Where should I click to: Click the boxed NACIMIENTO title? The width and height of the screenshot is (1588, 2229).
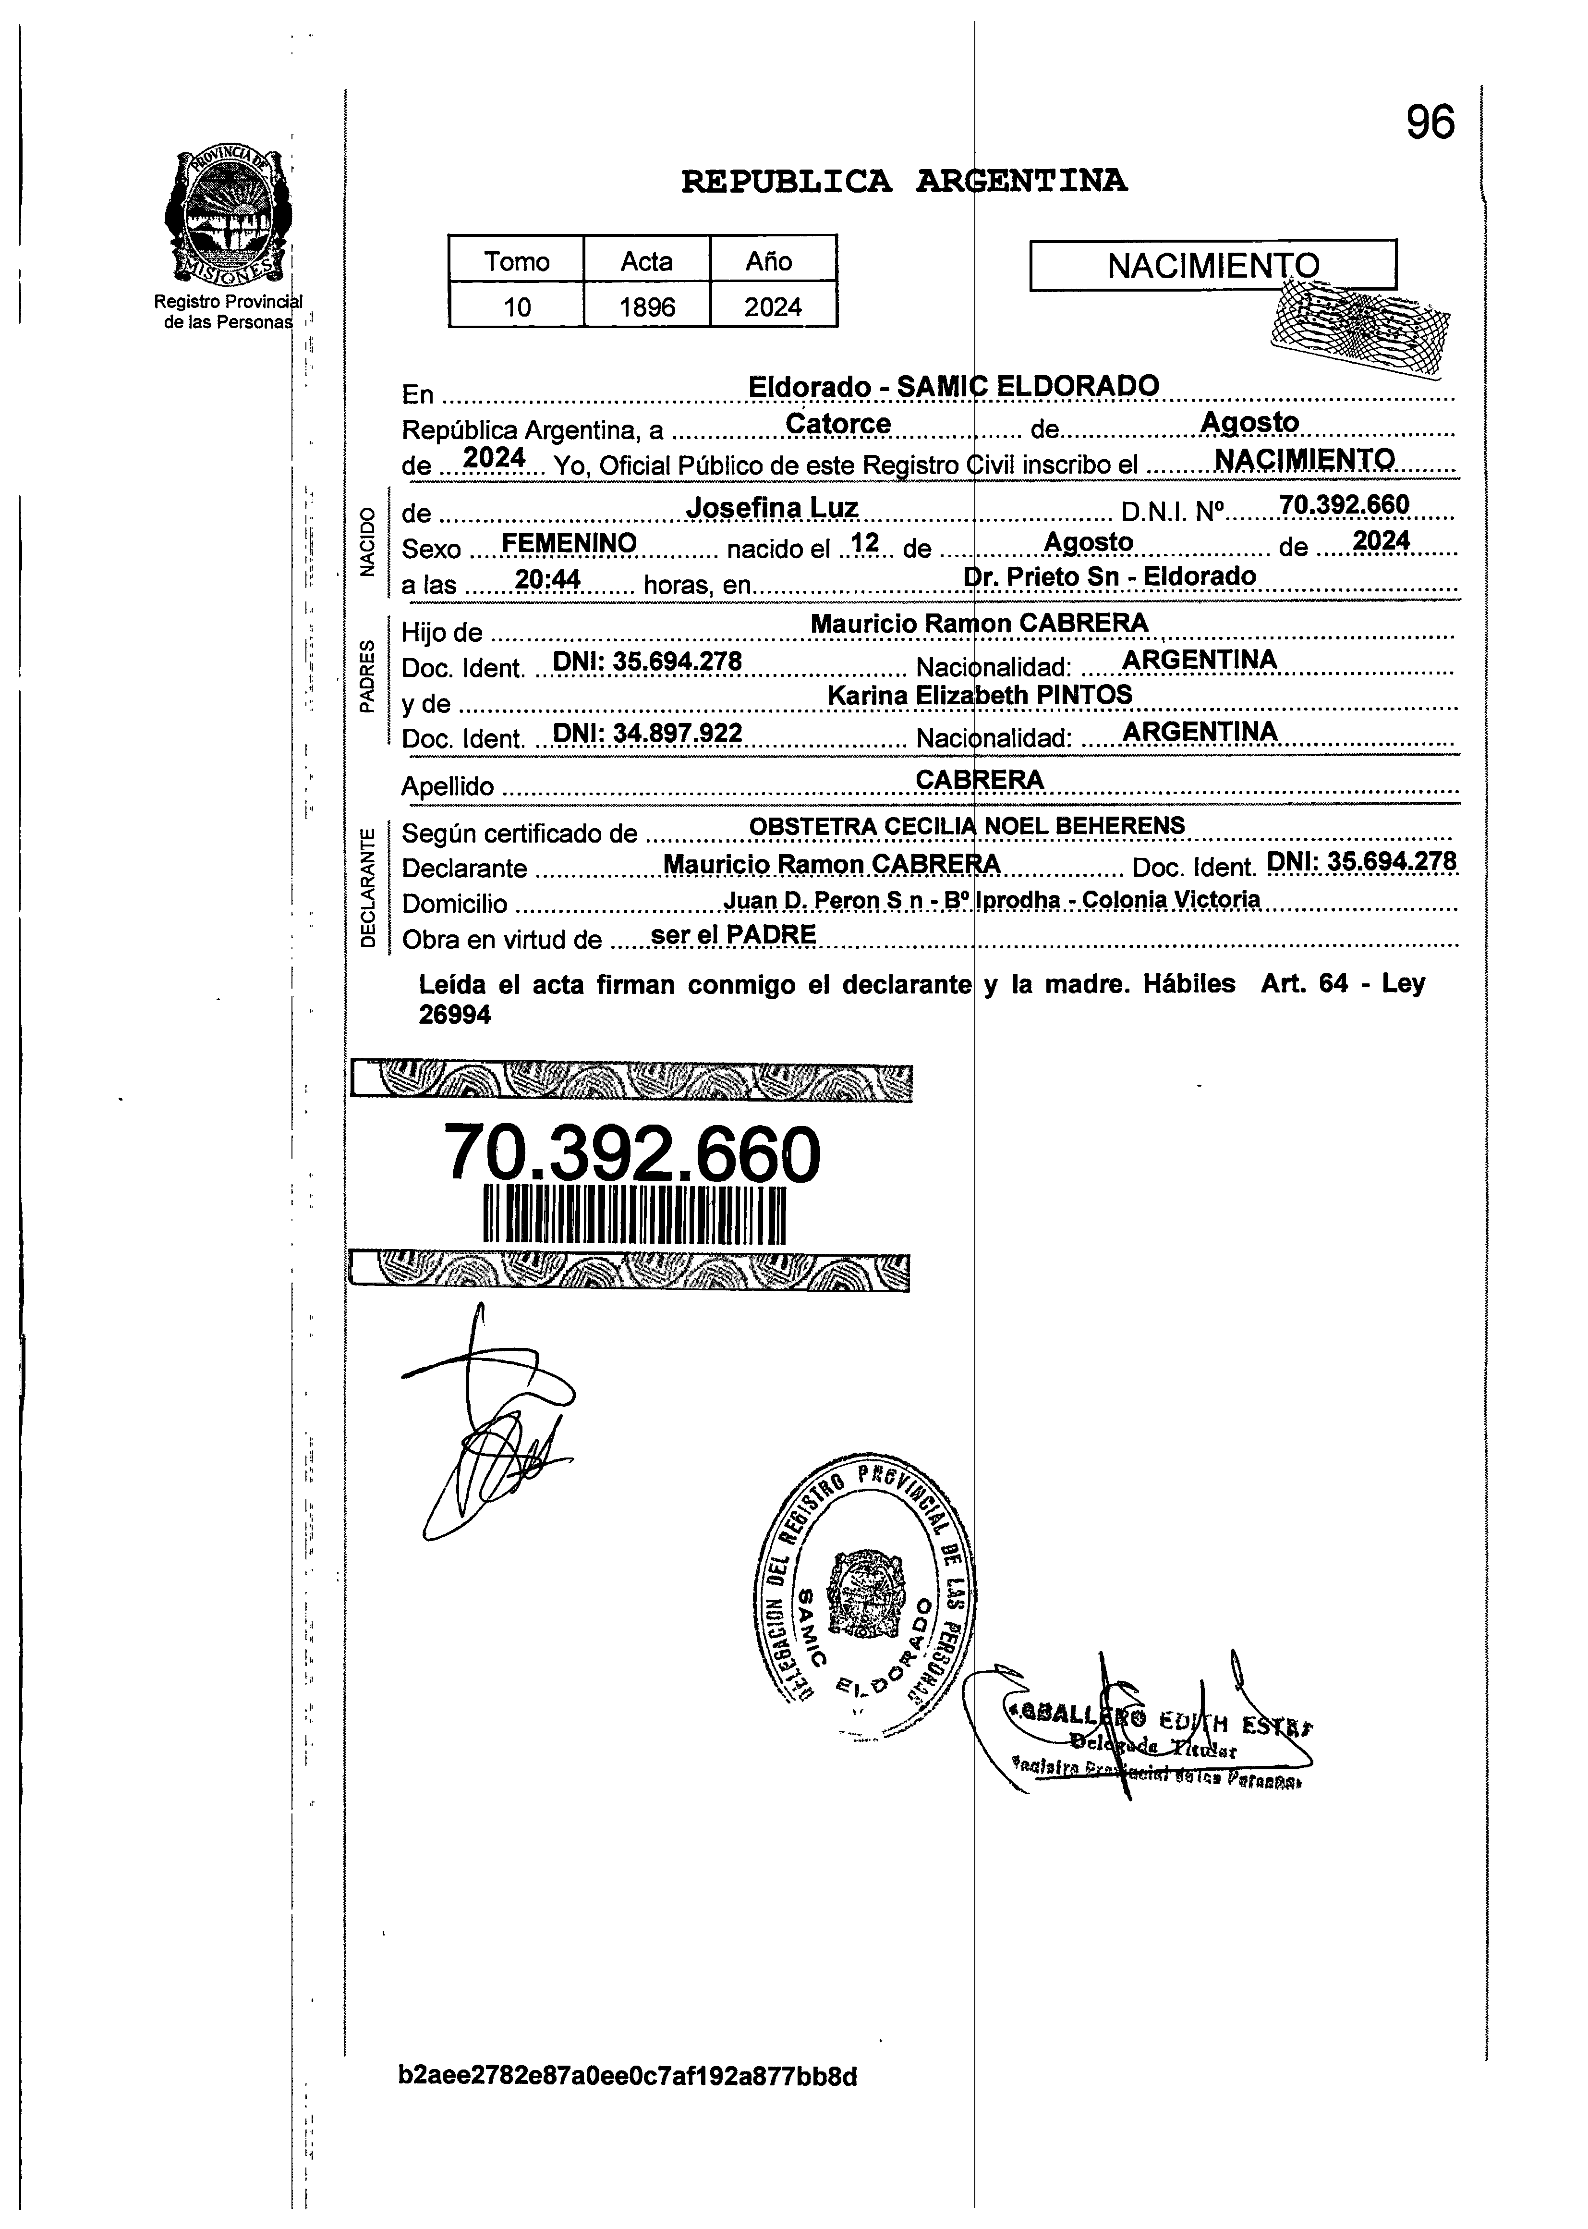[x=1212, y=265]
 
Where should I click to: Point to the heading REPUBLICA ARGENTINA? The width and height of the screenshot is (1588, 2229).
[x=904, y=181]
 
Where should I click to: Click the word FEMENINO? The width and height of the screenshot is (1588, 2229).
[x=569, y=543]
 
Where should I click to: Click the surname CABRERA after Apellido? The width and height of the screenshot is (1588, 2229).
[x=980, y=780]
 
